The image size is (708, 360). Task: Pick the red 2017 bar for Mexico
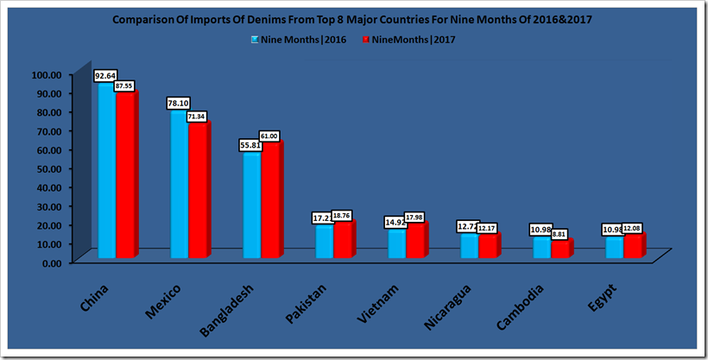click(198, 191)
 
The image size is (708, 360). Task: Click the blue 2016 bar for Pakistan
click(324, 241)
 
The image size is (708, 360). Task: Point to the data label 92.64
click(106, 76)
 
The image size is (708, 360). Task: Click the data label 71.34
click(197, 115)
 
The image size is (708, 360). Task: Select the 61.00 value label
click(269, 136)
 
